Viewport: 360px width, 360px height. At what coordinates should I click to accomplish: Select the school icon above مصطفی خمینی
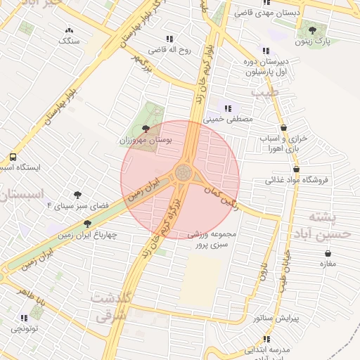pos(227,108)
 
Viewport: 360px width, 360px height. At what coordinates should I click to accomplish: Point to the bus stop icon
pos(13,157)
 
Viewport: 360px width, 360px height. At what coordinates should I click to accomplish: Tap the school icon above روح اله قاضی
pos(169,39)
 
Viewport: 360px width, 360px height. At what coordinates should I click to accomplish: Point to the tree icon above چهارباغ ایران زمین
pos(88,223)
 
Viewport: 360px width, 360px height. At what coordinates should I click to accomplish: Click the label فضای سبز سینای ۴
pos(78,206)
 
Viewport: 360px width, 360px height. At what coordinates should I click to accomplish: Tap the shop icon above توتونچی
pos(17,316)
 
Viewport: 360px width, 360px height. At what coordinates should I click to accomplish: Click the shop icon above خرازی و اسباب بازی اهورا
pos(283,128)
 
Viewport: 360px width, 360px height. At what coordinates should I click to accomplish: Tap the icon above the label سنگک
pos(70,30)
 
